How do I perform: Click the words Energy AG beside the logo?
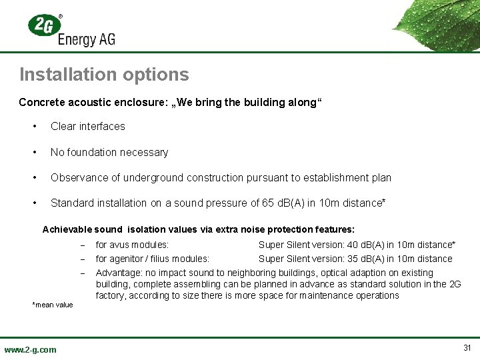point(87,39)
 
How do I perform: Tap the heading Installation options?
point(104,74)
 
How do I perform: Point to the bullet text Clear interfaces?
point(87,126)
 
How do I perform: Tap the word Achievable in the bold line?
point(67,229)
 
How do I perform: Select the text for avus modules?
point(132,245)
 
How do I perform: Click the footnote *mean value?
point(53,305)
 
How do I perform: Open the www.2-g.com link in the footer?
point(31,349)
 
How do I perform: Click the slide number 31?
point(467,348)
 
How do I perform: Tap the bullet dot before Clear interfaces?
point(33,126)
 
